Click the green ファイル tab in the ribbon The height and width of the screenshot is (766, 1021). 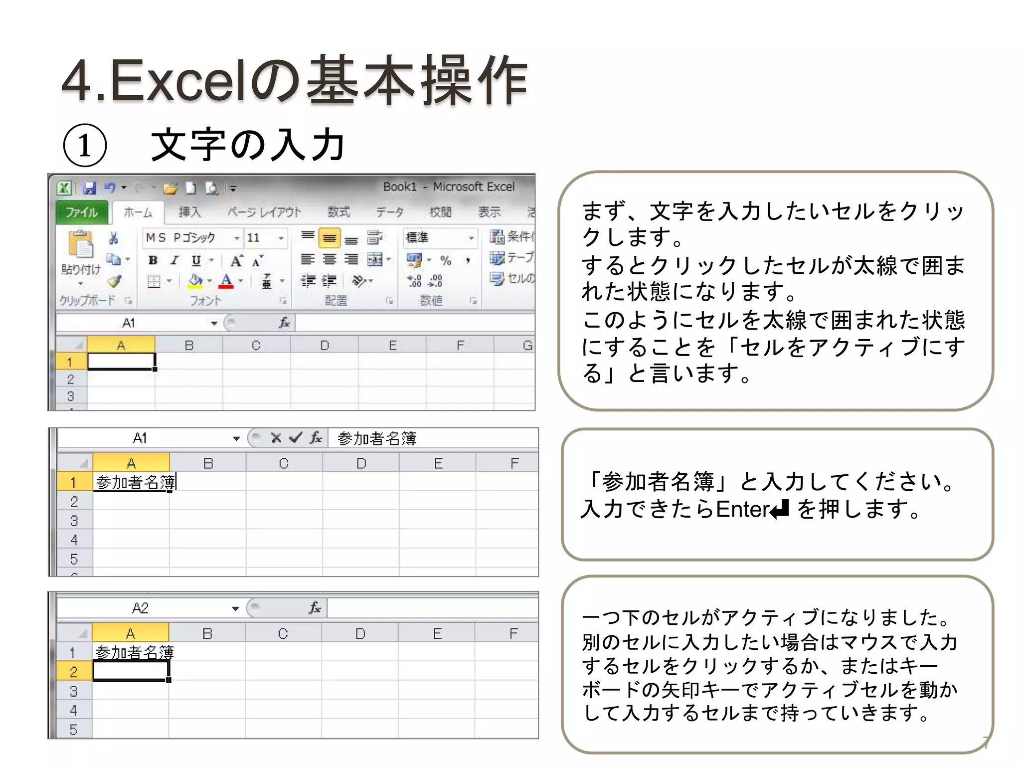coord(82,212)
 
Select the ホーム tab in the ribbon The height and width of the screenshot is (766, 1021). coord(138,212)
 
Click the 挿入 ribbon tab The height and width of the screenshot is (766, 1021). coord(189,212)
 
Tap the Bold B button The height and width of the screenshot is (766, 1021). coord(153,260)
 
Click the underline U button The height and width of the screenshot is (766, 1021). coord(196,260)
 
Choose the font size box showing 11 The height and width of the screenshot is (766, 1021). coord(259,238)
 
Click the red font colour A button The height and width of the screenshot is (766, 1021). coord(226,281)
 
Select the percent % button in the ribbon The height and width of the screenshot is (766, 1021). coord(445,260)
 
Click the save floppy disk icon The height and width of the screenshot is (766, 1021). coord(90,188)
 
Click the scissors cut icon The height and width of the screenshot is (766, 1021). coord(114,238)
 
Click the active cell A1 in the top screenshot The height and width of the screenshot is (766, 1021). coord(121,362)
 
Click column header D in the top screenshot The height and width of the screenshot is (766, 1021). coord(325,345)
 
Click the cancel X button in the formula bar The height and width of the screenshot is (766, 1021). coord(276,438)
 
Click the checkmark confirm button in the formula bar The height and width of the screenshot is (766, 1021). coord(296,438)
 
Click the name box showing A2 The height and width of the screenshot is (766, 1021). coord(141,608)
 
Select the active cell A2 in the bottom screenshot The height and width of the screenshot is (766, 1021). coord(131,671)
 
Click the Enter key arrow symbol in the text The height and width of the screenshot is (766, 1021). coord(780,510)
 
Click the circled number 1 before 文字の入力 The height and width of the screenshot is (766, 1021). coord(85,146)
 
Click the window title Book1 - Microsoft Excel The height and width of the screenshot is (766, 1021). coord(449,187)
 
